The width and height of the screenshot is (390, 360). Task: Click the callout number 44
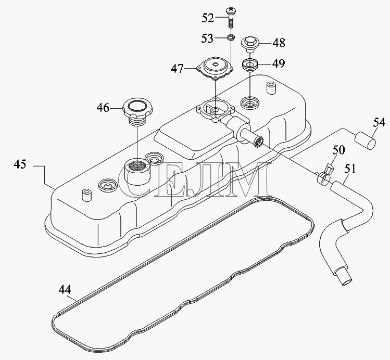[x=65, y=290]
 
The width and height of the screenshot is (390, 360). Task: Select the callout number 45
[x=20, y=164]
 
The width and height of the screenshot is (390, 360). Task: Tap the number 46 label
[x=103, y=108]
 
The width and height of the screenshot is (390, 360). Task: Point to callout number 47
[x=177, y=68]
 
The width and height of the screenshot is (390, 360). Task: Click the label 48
[x=279, y=43]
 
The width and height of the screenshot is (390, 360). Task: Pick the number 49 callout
[x=279, y=63]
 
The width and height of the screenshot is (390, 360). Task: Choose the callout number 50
[x=339, y=150]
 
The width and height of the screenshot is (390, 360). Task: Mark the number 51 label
[x=350, y=169]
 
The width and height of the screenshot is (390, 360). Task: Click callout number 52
[x=208, y=18]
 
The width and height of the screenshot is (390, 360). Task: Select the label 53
[x=207, y=38]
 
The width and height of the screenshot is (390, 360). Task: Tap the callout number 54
[x=379, y=123]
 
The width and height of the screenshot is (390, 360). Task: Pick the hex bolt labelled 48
[x=250, y=44]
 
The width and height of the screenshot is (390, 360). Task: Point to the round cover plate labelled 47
[x=215, y=68]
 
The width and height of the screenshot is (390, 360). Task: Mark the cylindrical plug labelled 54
[x=365, y=141]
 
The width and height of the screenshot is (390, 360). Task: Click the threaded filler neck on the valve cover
[x=137, y=172]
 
